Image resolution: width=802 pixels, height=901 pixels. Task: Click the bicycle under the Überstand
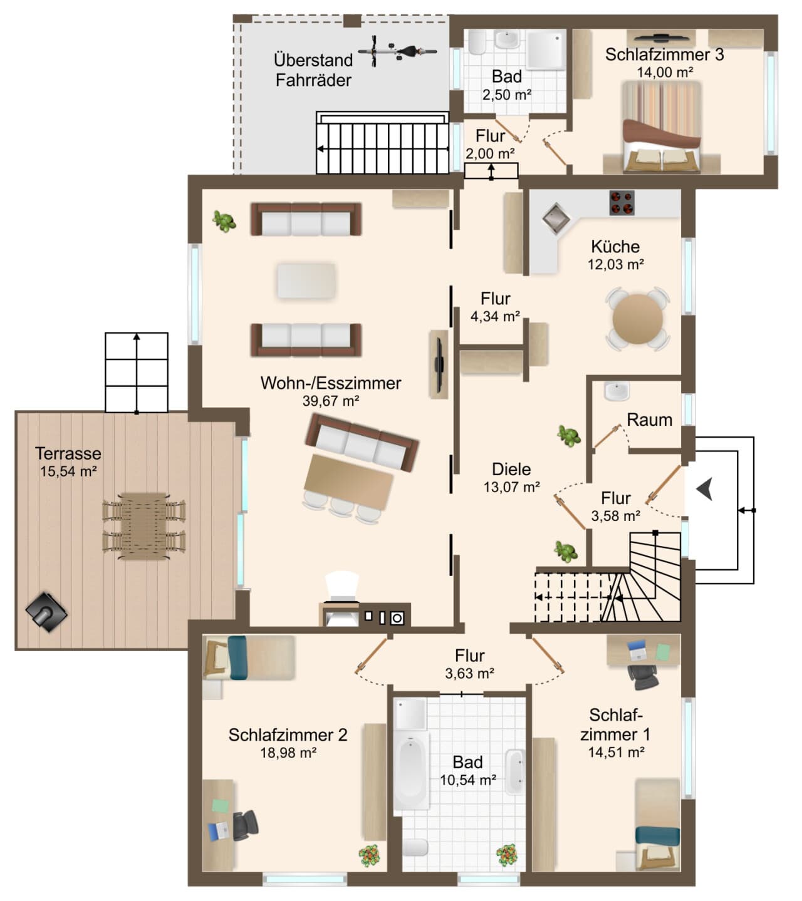397,51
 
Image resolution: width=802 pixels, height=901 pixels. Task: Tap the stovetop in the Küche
622,203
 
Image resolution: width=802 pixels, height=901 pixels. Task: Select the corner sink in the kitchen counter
556,218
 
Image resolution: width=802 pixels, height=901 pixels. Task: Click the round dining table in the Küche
637,319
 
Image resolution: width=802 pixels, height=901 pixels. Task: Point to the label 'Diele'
511,469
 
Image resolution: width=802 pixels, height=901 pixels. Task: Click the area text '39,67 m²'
331,401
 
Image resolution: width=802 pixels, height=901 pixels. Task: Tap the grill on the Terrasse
46,612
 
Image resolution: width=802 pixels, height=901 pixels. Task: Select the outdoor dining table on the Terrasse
143,526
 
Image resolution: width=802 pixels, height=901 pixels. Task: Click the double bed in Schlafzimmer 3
662,128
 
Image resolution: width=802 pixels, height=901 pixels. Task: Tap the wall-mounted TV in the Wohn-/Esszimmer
439,364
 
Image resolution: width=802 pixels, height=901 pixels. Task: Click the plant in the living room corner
224,221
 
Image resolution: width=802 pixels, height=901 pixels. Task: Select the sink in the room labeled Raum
617,391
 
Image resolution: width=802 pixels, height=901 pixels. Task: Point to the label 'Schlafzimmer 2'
288,734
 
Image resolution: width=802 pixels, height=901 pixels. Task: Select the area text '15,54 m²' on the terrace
68,471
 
